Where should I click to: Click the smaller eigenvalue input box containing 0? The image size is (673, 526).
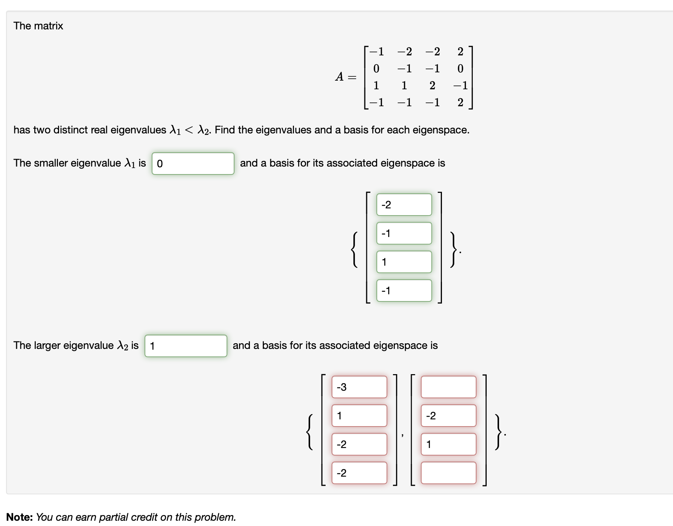[x=193, y=164]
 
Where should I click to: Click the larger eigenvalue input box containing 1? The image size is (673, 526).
[x=186, y=346]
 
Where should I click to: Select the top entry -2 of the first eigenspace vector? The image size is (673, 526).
[x=404, y=205]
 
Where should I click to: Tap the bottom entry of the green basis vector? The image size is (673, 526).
[x=404, y=291]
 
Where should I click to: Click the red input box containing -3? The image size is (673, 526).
[x=359, y=387]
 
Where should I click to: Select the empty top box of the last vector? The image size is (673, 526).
[x=448, y=387]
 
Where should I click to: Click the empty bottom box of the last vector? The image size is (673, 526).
[x=448, y=473]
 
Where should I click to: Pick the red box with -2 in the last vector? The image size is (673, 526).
[x=448, y=416]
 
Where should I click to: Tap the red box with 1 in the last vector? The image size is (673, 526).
[x=448, y=444]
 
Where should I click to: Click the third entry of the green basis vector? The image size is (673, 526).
[x=404, y=262]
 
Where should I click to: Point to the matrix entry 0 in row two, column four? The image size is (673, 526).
[x=460, y=69]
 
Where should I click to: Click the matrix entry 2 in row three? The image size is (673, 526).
[x=432, y=86]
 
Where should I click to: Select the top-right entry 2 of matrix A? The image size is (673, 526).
[x=460, y=52]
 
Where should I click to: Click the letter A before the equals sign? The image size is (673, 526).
[x=340, y=77]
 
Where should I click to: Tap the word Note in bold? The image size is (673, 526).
[x=20, y=517]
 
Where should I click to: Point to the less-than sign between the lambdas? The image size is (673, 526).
[x=189, y=130]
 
